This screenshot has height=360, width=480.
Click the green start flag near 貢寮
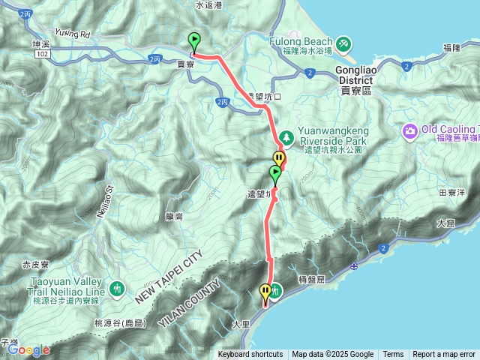pyautogui.click(x=194, y=41)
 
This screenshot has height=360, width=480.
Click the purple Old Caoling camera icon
pyautogui.click(x=410, y=131)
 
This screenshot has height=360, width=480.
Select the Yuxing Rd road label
pyautogui.click(x=72, y=34)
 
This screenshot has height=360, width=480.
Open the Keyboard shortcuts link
pyautogui.click(x=251, y=354)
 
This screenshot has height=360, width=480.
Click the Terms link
pyautogui.click(x=393, y=354)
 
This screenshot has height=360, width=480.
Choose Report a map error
pyautogui.click(x=444, y=354)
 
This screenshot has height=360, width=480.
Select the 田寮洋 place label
pyautogui.click(x=452, y=193)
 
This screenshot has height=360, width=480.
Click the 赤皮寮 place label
pyautogui.click(x=35, y=265)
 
